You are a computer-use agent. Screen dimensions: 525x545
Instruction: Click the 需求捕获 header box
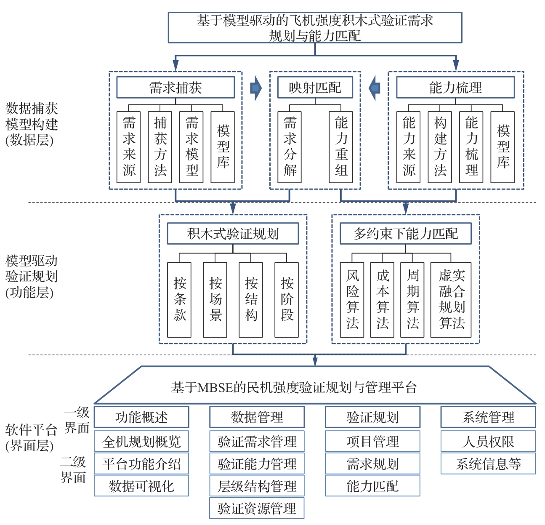point(175,88)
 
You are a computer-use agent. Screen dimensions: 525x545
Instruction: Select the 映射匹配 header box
point(315,88)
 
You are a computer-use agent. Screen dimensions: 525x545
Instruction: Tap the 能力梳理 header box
point(455,88)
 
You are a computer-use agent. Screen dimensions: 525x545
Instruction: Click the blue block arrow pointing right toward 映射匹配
point(256,88)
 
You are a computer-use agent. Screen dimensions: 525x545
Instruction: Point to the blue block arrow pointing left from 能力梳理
point(374,88)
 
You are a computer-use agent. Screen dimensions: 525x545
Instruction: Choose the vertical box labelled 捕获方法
point(160,147)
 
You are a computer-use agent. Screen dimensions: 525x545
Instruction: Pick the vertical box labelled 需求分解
point(290,147)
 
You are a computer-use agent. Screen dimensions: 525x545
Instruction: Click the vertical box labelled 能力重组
point(341,147)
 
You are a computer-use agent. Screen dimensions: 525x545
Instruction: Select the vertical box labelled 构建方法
point(440,147)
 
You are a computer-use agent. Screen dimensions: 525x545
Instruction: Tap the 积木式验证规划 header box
point(233,234)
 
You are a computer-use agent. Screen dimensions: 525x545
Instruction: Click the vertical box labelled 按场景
point(215,300)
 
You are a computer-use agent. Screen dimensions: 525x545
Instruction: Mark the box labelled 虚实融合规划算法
point(451,300)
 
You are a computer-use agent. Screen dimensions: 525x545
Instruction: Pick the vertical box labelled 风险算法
point(352,300)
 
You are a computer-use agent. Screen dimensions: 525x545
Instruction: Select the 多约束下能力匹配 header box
point(406,234)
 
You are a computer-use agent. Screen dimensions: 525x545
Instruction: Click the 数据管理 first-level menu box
point(257,417)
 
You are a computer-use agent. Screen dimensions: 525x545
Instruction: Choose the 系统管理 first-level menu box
point(488,417)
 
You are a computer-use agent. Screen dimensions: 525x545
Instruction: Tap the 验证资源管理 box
point(257,508)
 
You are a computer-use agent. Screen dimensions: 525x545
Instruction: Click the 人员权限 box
point(488,441)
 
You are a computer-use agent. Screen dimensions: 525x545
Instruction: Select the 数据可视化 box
point(141,486)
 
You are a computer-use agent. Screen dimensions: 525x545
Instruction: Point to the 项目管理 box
point(372,441)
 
